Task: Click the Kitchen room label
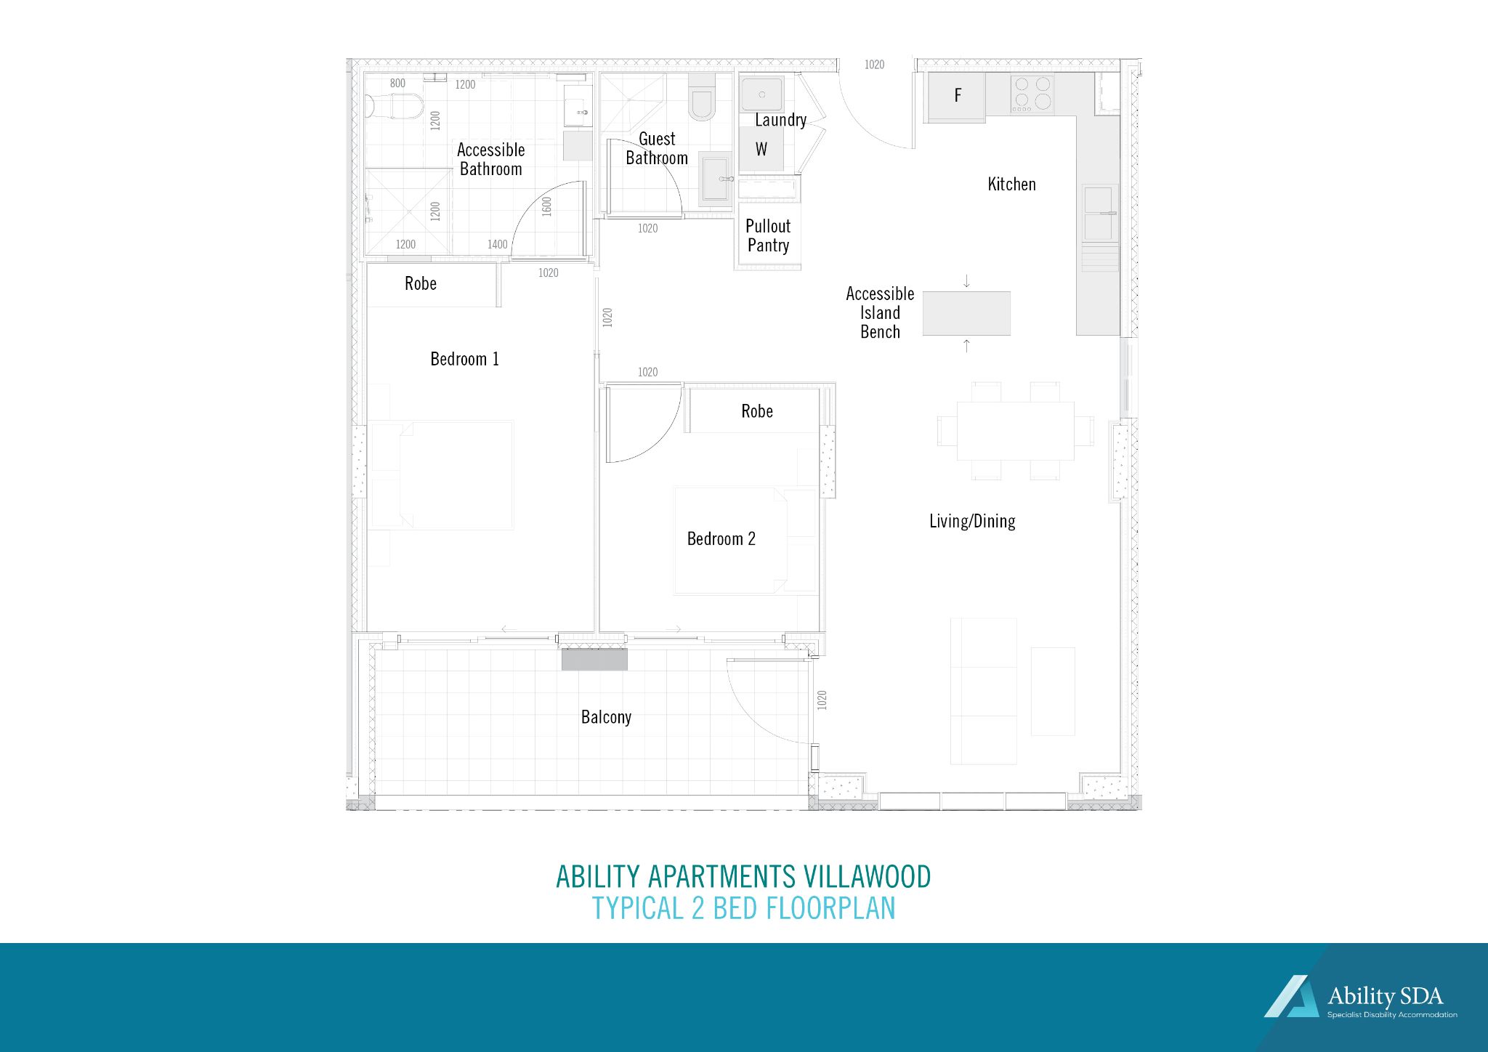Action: pos(1011,185)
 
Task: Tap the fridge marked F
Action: pos(956,96)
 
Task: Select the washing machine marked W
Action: pos(761,149)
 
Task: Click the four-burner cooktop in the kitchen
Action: pos(1032,94)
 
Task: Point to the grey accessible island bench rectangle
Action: pos(966,313)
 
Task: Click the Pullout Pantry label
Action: pos(768,236)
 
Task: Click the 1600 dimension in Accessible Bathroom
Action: pos(547,206)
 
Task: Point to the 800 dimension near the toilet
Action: pos(397,84)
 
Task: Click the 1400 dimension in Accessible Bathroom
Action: pos(498,245)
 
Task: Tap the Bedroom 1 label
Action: pos(464,359)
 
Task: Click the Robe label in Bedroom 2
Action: pos(756,411)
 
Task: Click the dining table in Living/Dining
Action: pos(1015,430)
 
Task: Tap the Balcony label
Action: pos(606,718)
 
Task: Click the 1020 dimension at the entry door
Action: pos(874,65)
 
